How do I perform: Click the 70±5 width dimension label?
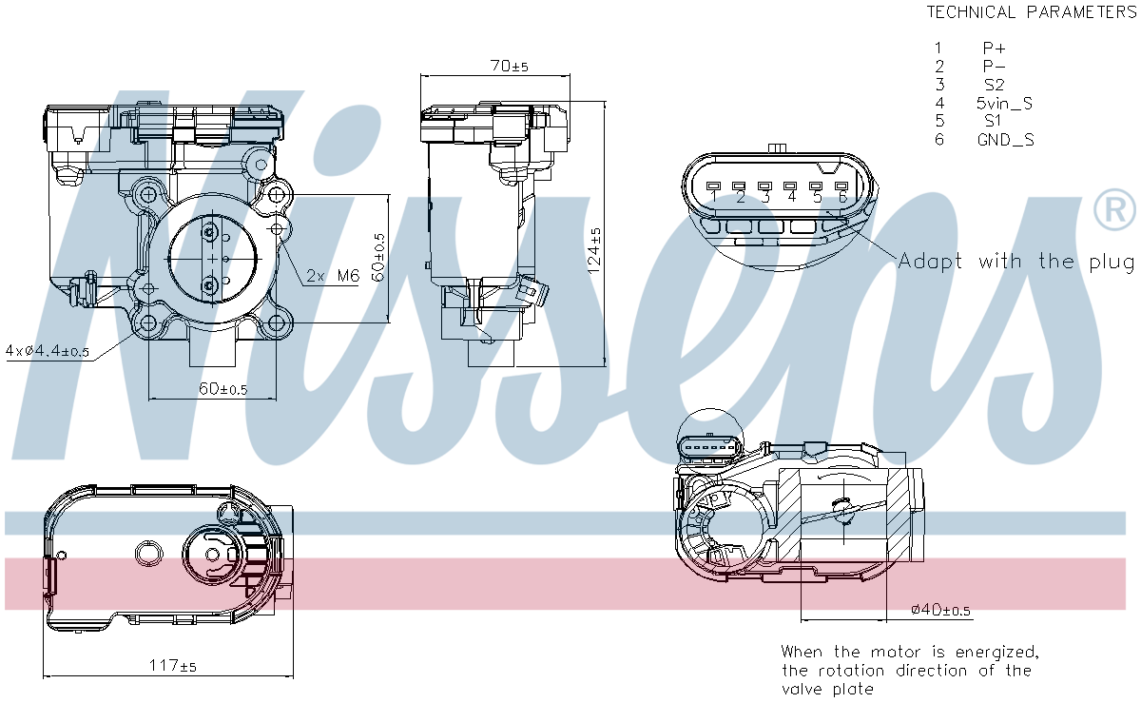point(510,67)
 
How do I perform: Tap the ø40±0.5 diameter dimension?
point(940,610)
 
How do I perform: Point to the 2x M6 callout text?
point(332,276)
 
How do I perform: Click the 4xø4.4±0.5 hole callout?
point(47,351)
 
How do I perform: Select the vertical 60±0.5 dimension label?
point(378,257)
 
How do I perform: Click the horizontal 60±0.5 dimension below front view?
point(222,389)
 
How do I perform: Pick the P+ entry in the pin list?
point(994,48)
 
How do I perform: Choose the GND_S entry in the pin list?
point(1005,140)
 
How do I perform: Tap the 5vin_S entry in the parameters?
point(1003,103)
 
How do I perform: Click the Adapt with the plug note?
point(1015,261)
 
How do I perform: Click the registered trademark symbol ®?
point(1114,210)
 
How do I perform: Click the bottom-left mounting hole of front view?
point(148,323)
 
